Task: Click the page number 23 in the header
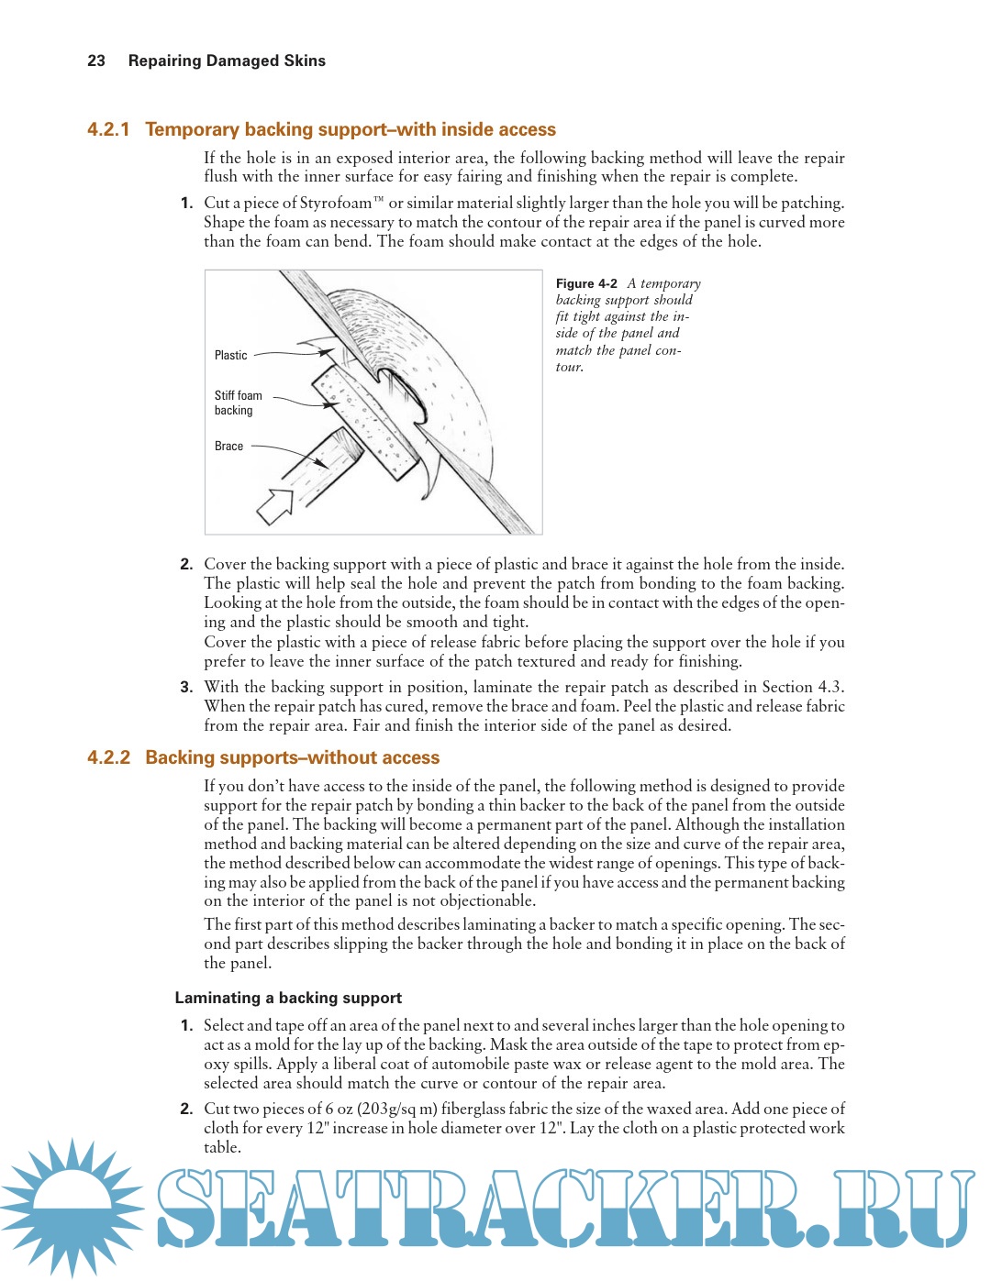click(x=96, y=61)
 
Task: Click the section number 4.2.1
click(x=108, y=129)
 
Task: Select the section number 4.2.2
click(x=108, y=757)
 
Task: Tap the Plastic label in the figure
click(x=230, y=355)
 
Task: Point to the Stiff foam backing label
click(x=238, y=403)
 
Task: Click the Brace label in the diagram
click(x=228, y=446)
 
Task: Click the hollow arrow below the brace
click(x=274, y=505)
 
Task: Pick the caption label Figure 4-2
click(x=586, y=283)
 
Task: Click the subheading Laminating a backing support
click(x=288, y=998)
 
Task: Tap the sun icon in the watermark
click(x=72, y=1206)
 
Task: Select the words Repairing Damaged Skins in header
click(x=227, y=61)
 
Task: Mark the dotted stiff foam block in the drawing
click(x=366, y=422)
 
